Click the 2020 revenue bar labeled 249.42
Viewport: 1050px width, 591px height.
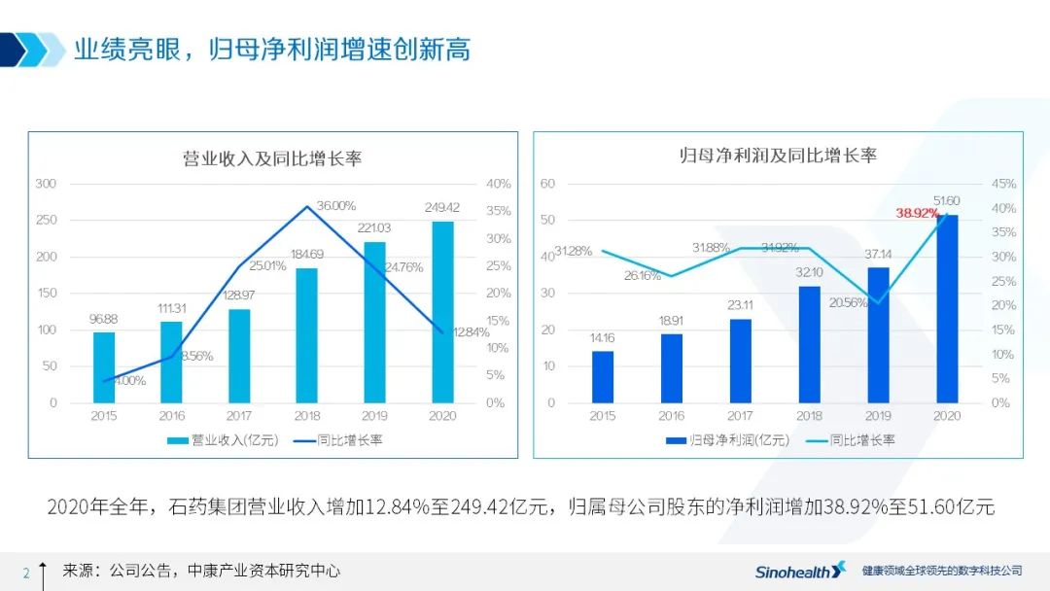(x=442, y=312)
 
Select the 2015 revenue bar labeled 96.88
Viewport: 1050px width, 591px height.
(x=104, y=367)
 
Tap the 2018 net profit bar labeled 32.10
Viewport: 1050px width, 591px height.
(x=809, y=344)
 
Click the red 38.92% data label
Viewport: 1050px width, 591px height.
(x=918, y=214)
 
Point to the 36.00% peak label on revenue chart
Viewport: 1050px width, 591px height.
(x=336, y=205)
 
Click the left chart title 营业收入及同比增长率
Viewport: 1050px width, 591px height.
(x=272, y=158)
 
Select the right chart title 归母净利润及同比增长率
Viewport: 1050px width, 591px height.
(x=778, y=156)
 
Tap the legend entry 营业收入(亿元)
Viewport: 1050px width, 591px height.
(x=223, y=440)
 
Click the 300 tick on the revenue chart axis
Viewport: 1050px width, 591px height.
(x=47, y=184)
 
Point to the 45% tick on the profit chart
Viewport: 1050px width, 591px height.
(x=1003, y=184)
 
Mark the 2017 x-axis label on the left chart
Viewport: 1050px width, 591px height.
(x=239, y=416)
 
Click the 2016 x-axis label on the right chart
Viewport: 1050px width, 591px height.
(x=672, y=416)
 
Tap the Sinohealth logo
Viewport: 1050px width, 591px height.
(x=800, y=571)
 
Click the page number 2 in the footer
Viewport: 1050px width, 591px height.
(x=26, y=572)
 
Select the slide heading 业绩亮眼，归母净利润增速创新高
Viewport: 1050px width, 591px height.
(x=272, y=50)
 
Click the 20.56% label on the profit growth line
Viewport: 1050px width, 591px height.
(x=849, y=302)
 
